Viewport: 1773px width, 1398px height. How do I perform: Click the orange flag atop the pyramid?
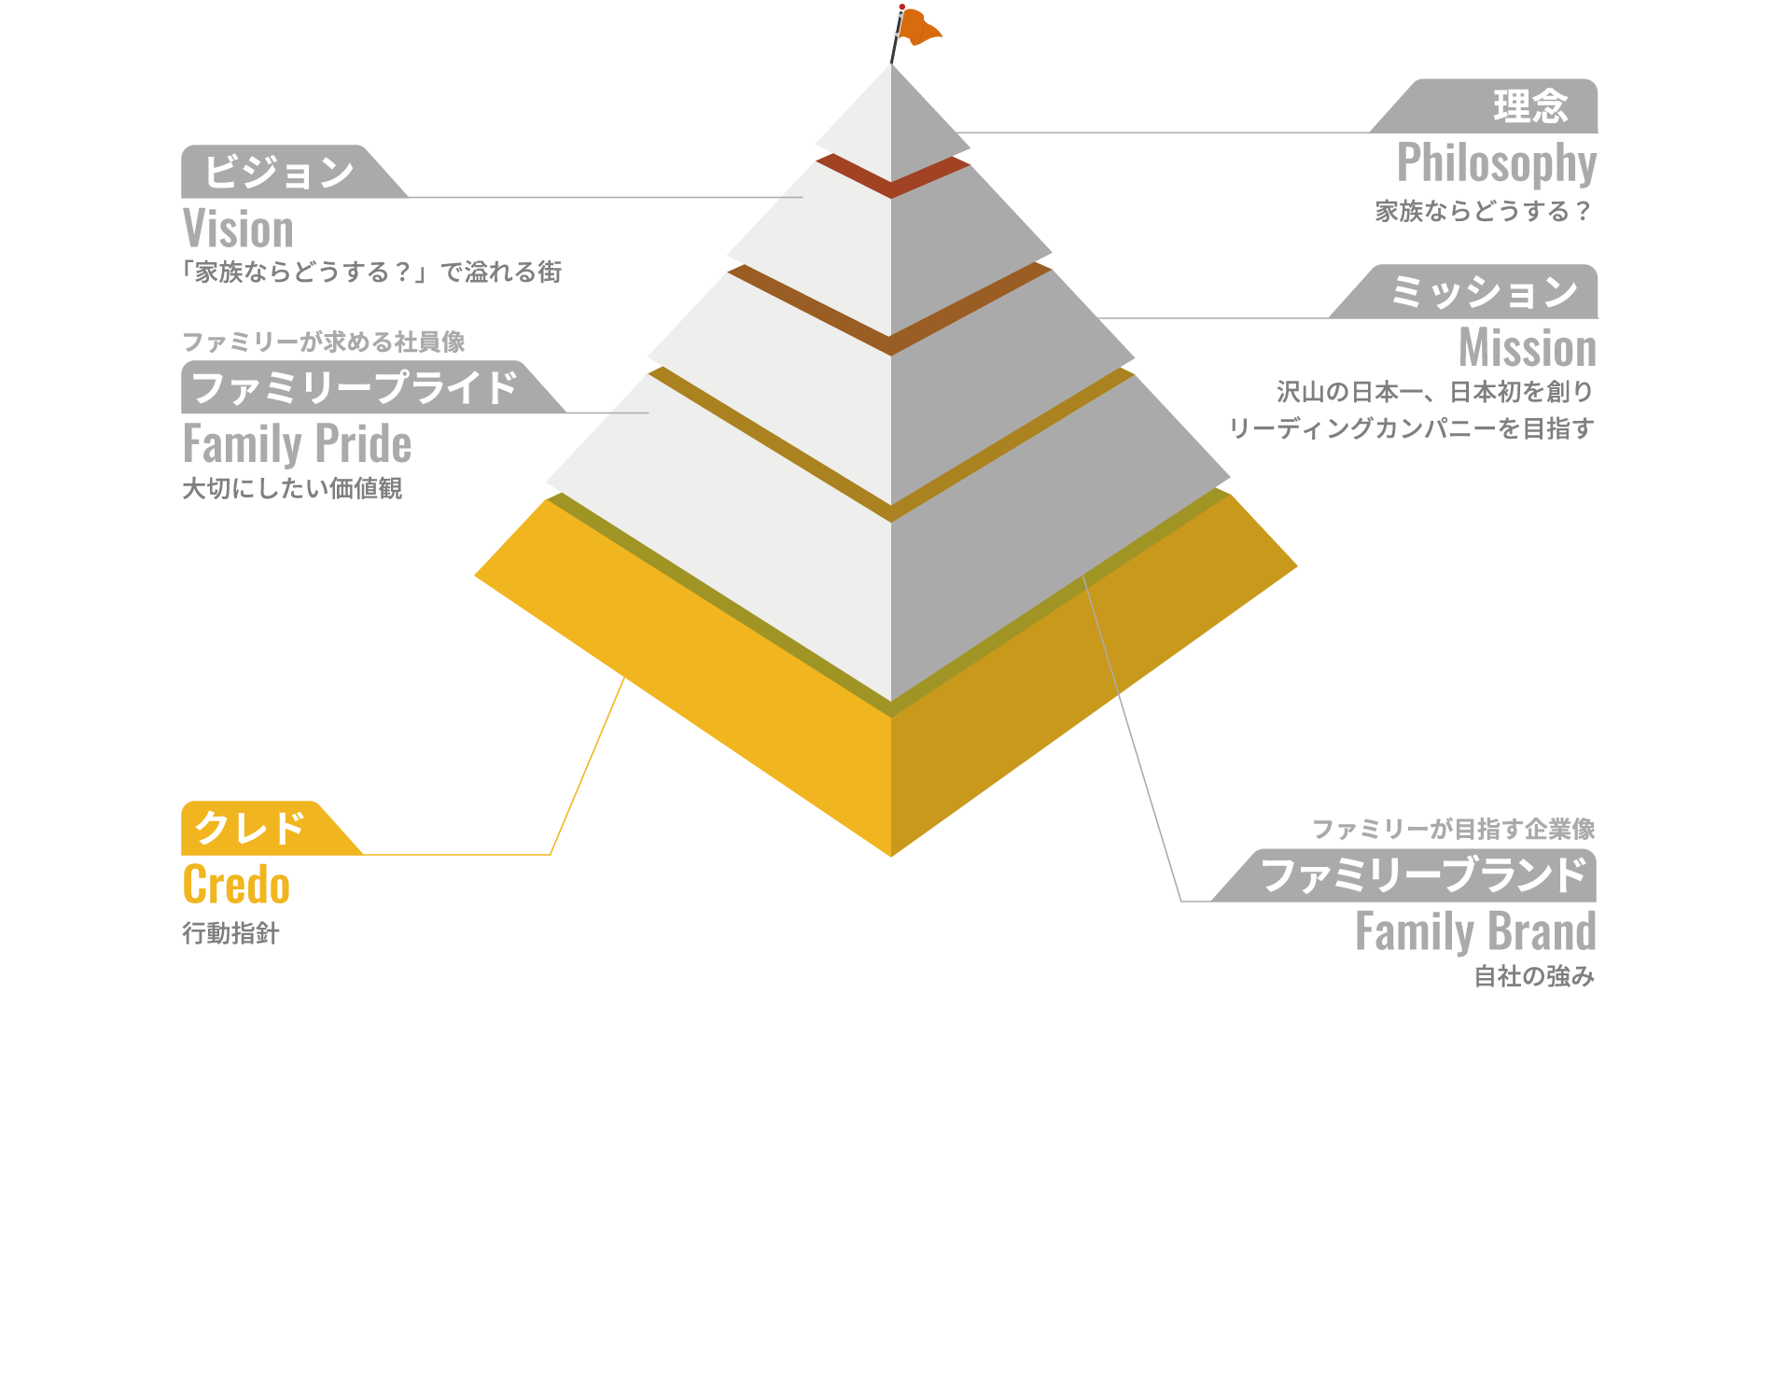(x=918, y=28)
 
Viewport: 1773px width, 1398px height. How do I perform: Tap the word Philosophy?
(x=1497, y=164)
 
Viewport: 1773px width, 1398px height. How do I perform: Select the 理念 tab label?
(x=1530, y=106)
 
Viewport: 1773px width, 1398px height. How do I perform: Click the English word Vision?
(x=238, y=229)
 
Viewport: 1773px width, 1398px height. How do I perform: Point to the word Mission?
(x=1528, y=348)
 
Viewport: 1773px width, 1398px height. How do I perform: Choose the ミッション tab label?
(x=1484, y=292)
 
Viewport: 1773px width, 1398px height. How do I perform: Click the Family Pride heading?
(x=297, y=444)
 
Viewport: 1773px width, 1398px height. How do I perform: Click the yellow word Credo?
(x=236, y=885)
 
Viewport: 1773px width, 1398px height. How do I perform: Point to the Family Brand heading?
(x=1475, y=932)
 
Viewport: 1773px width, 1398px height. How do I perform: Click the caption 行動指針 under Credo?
(x=230, y=933)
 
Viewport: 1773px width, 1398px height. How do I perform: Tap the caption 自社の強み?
(x=1534, y=976)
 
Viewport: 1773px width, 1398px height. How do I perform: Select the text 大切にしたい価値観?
(x=292, y=488)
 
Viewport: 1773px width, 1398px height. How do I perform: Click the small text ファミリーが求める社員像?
(x=323, y=343)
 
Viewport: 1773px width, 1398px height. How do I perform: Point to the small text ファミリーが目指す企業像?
(x=1454, y=829)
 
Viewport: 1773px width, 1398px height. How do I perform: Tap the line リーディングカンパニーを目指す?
(x=1411, y=428)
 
